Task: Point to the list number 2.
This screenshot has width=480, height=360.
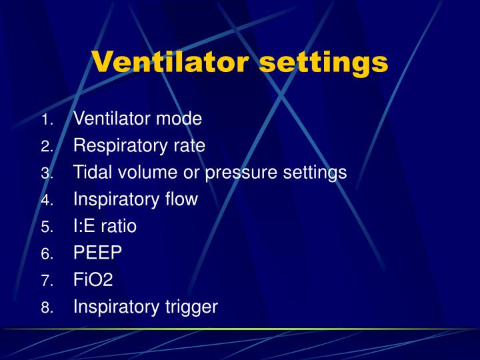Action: pyautogui.click(x=46, y=147)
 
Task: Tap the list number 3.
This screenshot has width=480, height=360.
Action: pyautogui.click(x=46, y=174)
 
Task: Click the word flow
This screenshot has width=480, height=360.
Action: pyautogui.click(x=182, y=199)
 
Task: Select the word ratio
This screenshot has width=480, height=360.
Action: pyautogui.click(x=120, y=226)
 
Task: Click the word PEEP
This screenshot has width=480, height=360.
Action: pyautogui.click(x=97, y=253)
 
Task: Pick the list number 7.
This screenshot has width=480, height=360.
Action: pyautogui.click(x=46, y=281)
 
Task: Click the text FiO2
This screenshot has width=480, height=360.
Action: pyautogui.click(x=93, y=279)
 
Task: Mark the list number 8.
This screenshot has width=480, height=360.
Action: pyautogui.click(x=46, y=308)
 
